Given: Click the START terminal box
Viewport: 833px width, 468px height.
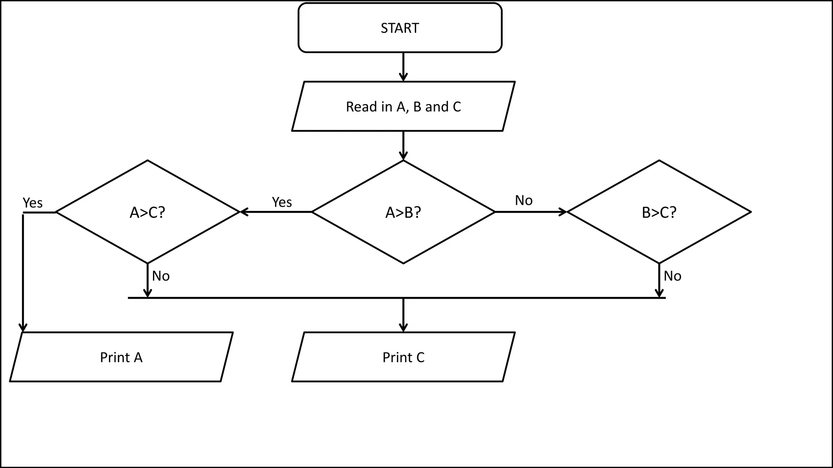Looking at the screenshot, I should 400,28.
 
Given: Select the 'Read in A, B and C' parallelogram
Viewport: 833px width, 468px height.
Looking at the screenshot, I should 403,106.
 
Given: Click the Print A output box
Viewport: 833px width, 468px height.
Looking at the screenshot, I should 121,357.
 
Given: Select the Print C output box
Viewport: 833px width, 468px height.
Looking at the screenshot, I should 403,357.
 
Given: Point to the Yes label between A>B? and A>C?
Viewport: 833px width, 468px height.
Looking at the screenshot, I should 281,202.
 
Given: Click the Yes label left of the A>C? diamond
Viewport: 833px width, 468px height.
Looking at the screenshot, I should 33,203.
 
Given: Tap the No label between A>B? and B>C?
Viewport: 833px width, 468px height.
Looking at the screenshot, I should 523,200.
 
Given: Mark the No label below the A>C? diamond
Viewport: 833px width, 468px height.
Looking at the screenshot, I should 161,276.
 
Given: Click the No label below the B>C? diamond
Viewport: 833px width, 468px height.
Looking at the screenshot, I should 672,276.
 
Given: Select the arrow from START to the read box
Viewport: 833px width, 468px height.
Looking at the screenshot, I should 403,67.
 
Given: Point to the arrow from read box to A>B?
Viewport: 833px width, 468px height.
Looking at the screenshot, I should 403,145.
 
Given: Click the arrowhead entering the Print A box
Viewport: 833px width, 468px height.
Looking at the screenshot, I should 23,327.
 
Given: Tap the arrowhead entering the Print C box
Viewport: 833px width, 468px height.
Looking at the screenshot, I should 403,327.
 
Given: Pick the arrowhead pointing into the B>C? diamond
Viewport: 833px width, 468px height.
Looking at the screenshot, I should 563,212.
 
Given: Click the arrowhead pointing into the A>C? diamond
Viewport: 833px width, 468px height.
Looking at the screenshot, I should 244,212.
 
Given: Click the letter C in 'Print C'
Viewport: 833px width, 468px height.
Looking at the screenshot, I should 420,357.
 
